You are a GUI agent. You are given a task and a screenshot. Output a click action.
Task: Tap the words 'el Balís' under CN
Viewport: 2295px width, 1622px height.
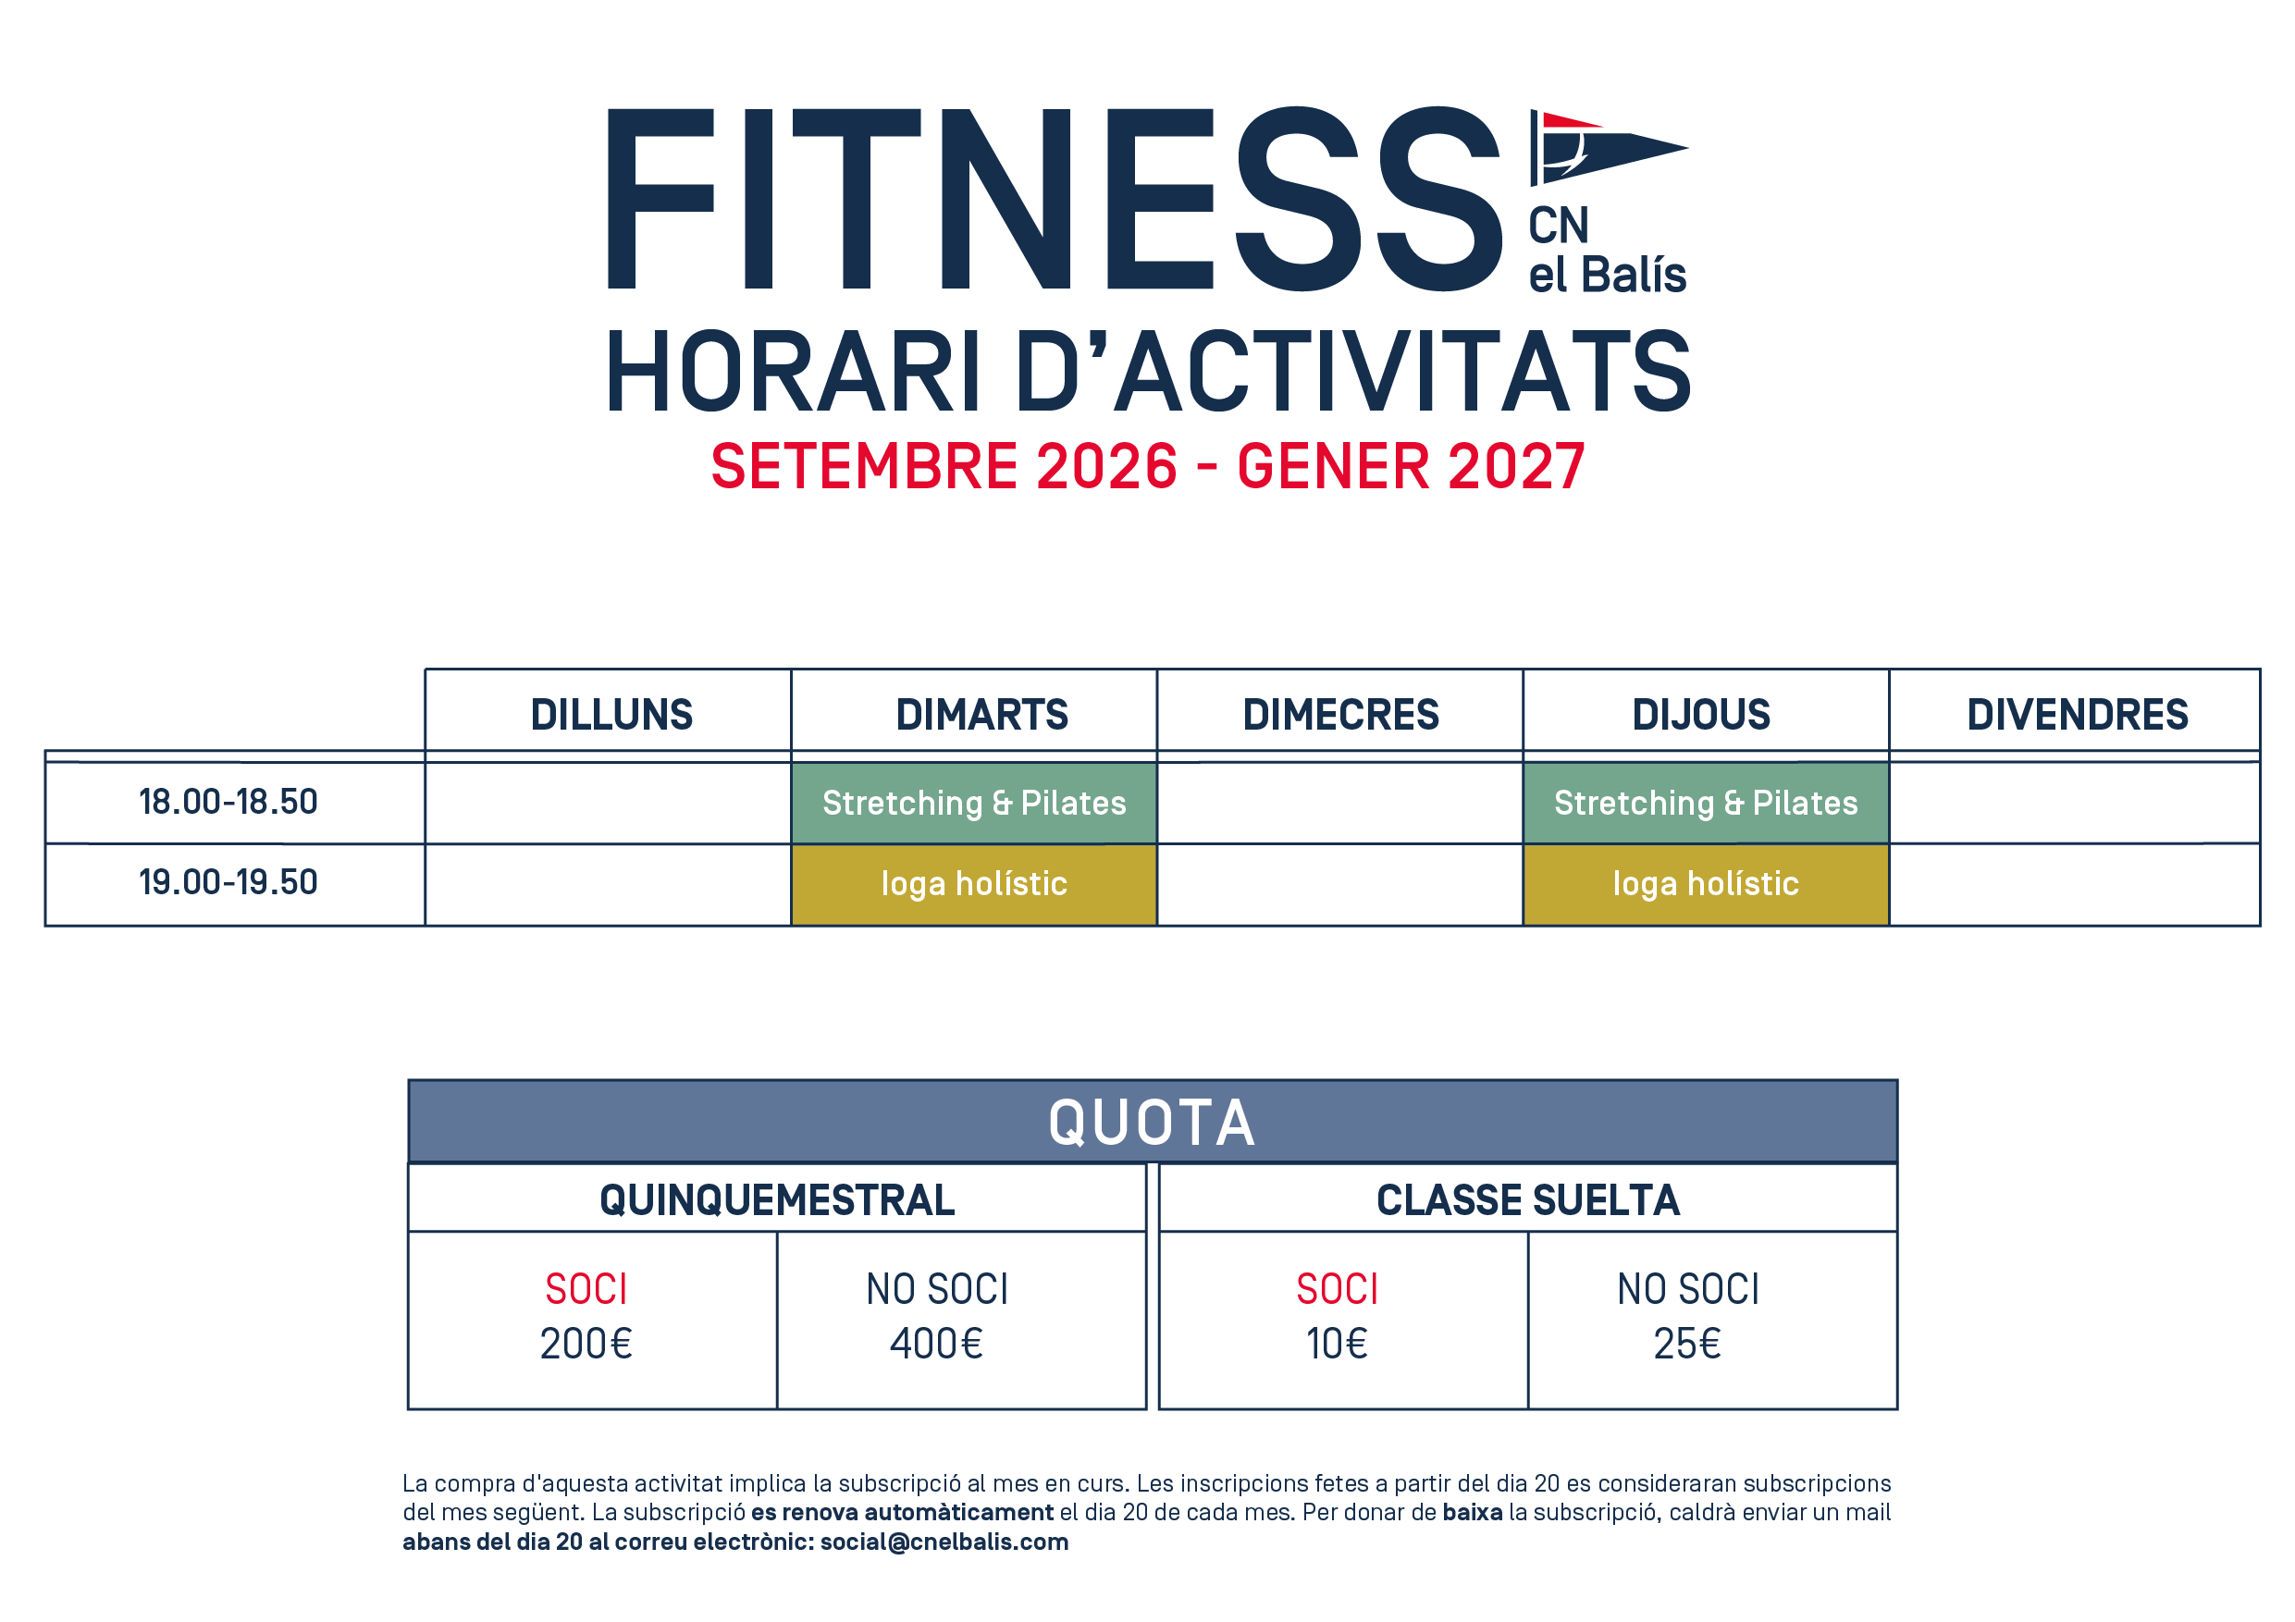pyautogui.click(x=1608, y=274)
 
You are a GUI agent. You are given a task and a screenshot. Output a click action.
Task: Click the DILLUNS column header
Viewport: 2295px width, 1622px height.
pyautogui.click(x=611, y=715)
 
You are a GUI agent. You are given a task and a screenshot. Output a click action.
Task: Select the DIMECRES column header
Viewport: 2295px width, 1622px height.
pyautogui.click(x=1340, y=715)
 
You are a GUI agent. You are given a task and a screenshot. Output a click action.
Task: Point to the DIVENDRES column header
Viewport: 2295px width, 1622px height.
pyautogui.click(x=2077, y=715)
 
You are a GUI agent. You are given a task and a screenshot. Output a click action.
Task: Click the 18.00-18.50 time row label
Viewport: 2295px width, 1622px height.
pyautogui.click(x=228, y=802)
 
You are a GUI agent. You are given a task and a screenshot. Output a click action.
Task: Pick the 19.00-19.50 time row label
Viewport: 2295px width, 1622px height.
pyautogui.click(x=228, y=881)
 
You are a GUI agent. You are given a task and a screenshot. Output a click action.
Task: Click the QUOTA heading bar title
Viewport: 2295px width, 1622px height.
pyautogui.click(x=1152, y=1123)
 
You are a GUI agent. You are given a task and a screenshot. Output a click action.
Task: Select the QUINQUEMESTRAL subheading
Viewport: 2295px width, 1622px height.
pyautogui.click(x=777, y=1200)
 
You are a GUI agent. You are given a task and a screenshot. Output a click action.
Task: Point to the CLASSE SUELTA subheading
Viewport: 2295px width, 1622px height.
pyautogui.click(x=1527, y=1200)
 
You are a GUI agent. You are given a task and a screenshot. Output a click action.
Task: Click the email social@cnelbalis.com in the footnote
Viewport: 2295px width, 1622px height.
pyautogui.click(x=944, y=1542)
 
